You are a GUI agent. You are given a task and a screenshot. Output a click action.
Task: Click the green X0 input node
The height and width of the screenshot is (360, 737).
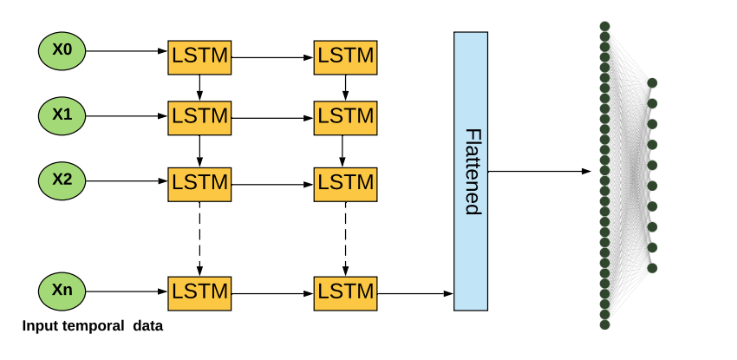coord(62,50)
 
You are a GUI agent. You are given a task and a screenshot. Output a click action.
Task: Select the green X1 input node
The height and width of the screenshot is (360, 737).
coord(62,115)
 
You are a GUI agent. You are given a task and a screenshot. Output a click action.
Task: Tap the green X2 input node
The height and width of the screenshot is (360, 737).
coord(62,180)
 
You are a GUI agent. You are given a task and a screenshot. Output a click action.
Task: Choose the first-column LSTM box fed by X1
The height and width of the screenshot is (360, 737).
coord(199,115)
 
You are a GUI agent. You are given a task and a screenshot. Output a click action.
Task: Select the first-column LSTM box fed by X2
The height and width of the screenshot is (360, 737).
coord(199,183)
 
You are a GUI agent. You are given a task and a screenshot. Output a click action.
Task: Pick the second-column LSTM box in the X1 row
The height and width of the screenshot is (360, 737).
coord(346,115)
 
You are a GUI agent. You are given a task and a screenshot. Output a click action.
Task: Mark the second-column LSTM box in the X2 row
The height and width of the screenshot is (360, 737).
coord(346,183)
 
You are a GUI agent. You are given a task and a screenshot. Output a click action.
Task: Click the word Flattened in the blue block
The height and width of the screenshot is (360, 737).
coord(472,171)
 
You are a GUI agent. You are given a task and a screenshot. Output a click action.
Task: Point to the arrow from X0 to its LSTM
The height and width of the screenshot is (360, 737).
coord(126,51)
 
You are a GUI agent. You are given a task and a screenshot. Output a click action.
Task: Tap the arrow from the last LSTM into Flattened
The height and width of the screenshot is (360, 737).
coord(415,294)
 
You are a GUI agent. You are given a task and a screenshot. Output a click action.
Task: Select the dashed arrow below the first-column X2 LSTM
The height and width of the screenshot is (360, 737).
coord(200,237)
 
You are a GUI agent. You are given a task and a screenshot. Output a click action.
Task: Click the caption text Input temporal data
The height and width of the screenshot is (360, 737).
coord(93,326)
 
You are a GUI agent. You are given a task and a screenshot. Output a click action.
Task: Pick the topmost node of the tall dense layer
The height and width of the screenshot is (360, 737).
coord(604,26)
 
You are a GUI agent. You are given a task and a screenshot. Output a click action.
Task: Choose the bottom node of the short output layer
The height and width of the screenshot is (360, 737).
coord(652,268)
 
